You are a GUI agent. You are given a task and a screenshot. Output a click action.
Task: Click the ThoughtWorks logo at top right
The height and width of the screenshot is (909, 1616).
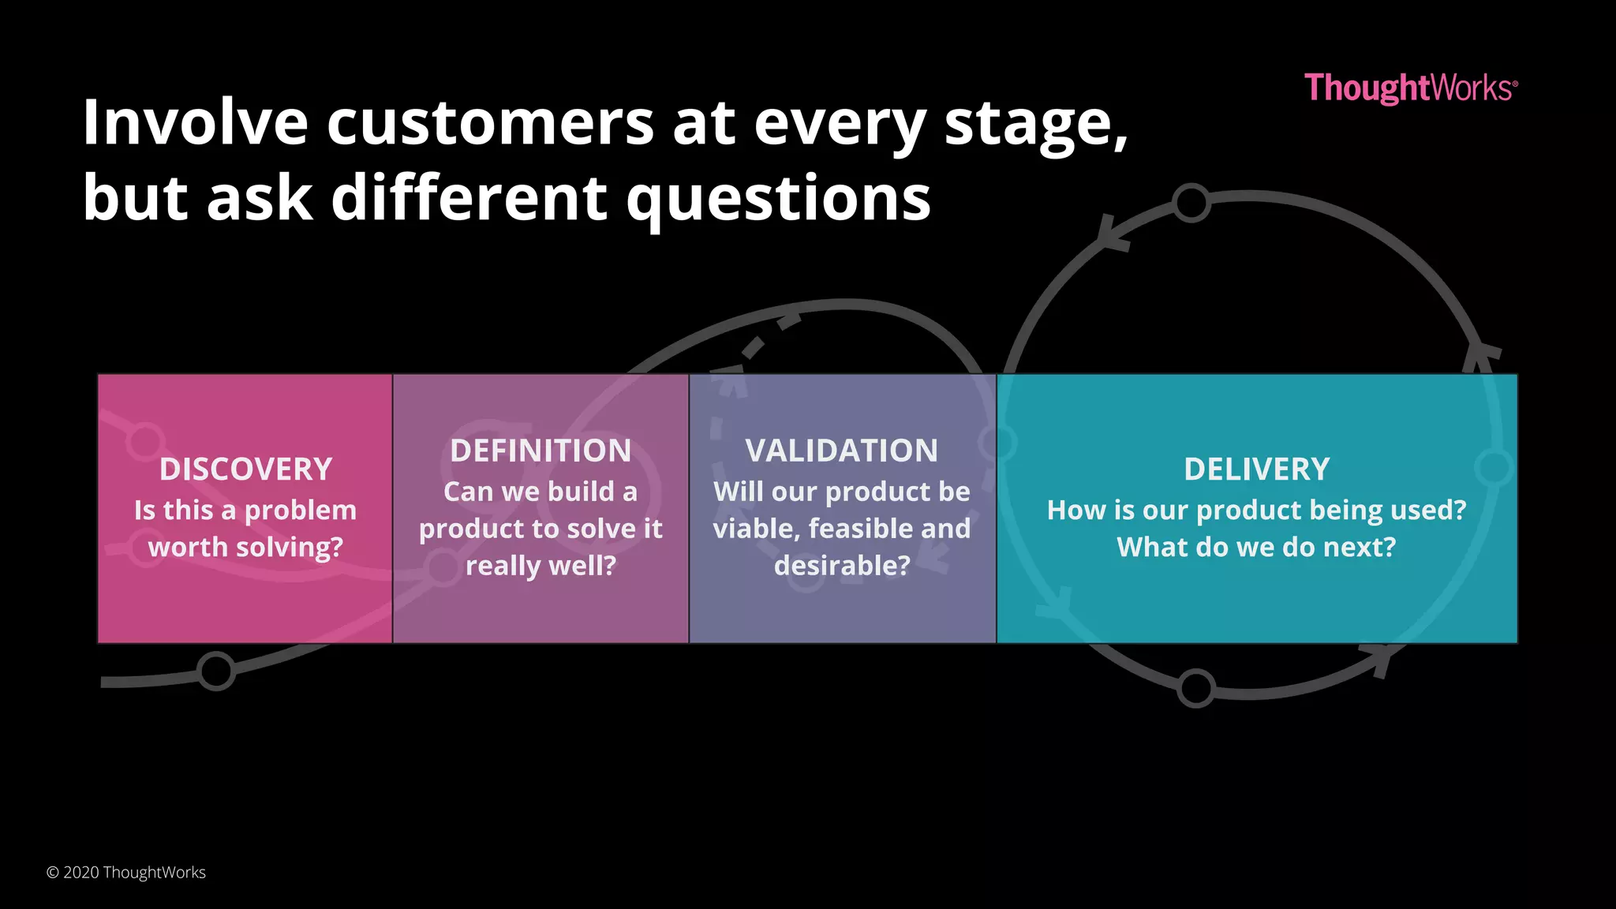point(1410,88)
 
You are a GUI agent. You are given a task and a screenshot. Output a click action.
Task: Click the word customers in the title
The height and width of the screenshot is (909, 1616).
point(490,123)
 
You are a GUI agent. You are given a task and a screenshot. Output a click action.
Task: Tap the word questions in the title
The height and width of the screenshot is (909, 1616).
point(778,199)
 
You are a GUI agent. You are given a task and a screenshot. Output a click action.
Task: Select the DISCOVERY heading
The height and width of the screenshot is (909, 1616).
point(245,469)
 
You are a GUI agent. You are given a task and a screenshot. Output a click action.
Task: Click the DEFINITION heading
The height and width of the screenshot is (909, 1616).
point(541,451)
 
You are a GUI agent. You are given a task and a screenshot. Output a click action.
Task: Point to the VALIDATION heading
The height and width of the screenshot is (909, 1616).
point(842,451)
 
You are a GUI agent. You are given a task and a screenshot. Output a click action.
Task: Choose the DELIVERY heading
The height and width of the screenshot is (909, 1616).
point(1256,469)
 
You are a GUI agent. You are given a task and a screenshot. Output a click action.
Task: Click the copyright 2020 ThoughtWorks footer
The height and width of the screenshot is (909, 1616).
point(126,872)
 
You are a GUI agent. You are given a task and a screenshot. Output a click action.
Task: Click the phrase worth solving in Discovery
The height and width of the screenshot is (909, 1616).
point(245,547)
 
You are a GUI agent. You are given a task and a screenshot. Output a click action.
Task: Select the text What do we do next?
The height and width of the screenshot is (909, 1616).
point(1256,547)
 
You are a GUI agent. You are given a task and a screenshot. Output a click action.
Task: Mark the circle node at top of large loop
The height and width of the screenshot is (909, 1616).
point(1191,203)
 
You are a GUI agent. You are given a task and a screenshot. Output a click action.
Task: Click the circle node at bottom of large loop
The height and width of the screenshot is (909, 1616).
point(1196,688)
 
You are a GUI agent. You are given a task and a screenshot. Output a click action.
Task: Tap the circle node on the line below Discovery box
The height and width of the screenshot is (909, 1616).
point(216,671)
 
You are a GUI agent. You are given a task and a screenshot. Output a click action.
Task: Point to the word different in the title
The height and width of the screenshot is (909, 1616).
point(469,199)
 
